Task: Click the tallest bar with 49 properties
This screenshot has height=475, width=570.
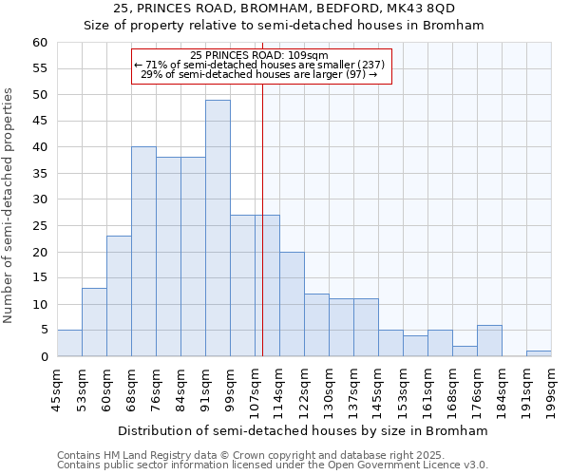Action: (218, 228)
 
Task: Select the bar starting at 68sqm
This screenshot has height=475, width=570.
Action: (143, 252)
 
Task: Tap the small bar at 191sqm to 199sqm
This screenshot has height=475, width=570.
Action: (539, 353)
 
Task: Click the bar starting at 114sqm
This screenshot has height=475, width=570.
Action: (292, 304)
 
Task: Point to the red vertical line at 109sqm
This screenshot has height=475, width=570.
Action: (262, 237)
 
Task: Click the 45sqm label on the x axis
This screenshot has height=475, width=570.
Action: (57, 386)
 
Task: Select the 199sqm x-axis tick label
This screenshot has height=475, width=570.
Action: (551, 386)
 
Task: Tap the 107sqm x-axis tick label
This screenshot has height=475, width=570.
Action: (255, 386)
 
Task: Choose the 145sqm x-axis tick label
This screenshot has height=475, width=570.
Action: (378, 386)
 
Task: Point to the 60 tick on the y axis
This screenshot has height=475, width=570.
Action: (39, 43)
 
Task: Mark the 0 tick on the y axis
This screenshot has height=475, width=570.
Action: (43, 357)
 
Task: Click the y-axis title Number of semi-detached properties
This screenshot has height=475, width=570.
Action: (9, 205)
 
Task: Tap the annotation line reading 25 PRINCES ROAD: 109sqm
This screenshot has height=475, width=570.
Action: (258, 55)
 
